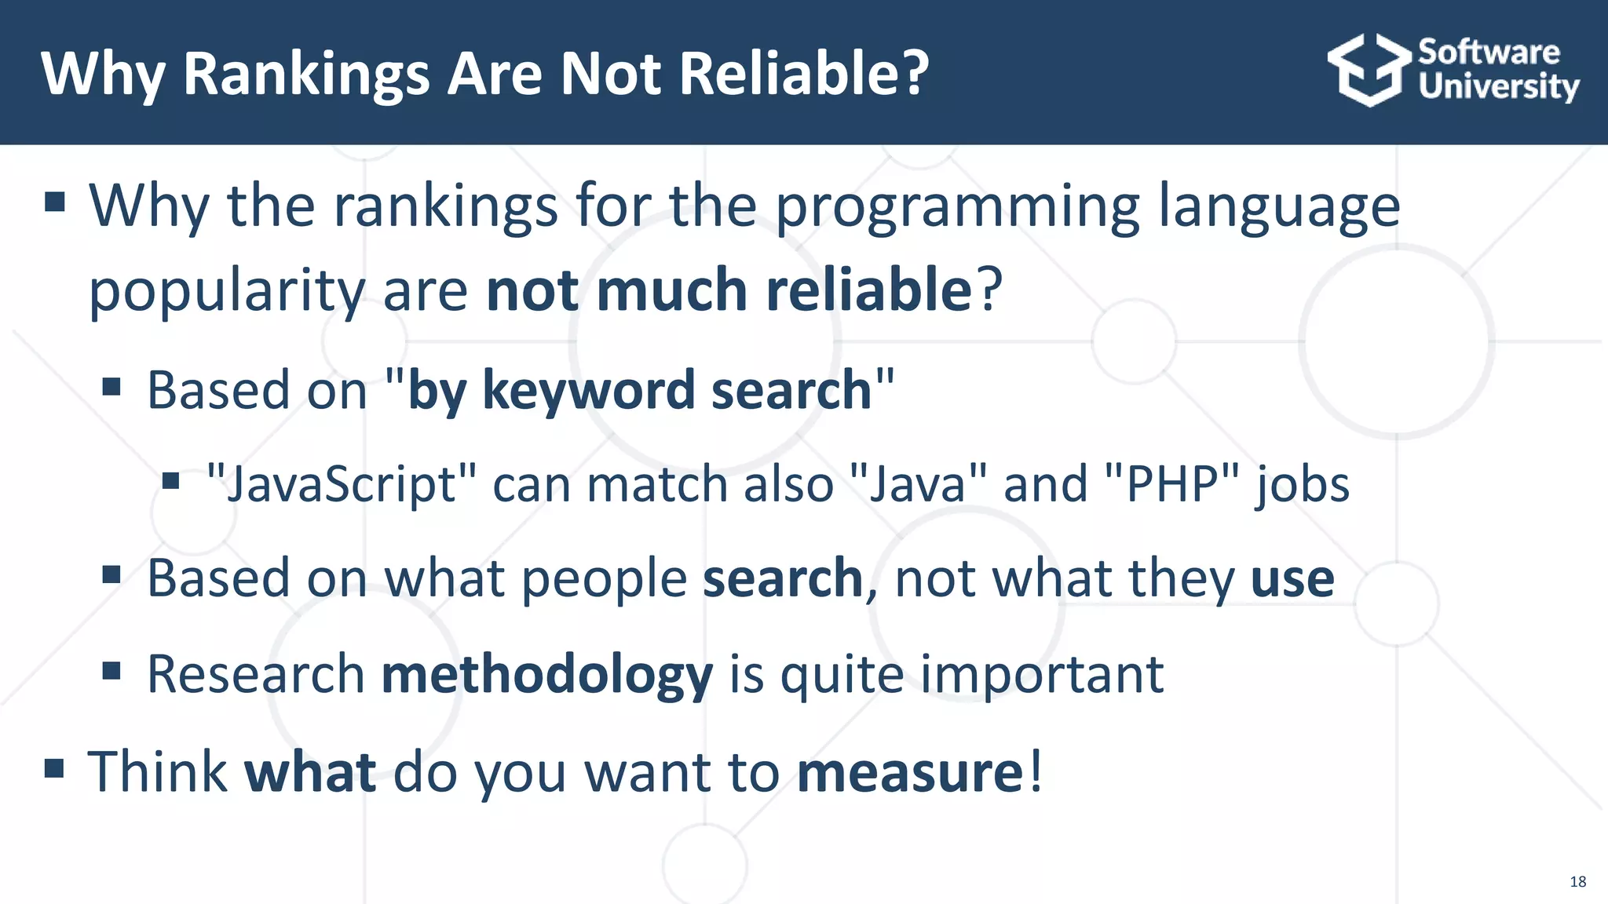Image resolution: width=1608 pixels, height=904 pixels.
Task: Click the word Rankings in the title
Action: [x=306, y=75]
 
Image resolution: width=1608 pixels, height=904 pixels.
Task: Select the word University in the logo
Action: [x=1498, y=86]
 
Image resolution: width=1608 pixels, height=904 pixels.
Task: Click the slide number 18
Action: [x=1577, y=881]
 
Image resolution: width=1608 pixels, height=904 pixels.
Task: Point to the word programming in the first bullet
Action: [x=957, y=207]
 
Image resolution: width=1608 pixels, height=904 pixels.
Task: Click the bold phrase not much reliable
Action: [x=729, y=290]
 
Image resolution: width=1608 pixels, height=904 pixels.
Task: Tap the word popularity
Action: [x=227, y=292]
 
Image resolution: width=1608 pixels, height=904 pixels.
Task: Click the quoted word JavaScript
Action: [x=341, y=484]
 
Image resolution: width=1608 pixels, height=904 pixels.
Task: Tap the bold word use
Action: [x=1292, y=579]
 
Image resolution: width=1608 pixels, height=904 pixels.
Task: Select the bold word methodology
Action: [x=547, y=675]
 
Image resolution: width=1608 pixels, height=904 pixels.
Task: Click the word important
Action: [x=1042, y=675]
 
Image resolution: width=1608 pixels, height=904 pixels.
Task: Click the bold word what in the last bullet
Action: [x=310, y=772]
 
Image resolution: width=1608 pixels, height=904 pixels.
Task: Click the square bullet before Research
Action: [x=111, y=671]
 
